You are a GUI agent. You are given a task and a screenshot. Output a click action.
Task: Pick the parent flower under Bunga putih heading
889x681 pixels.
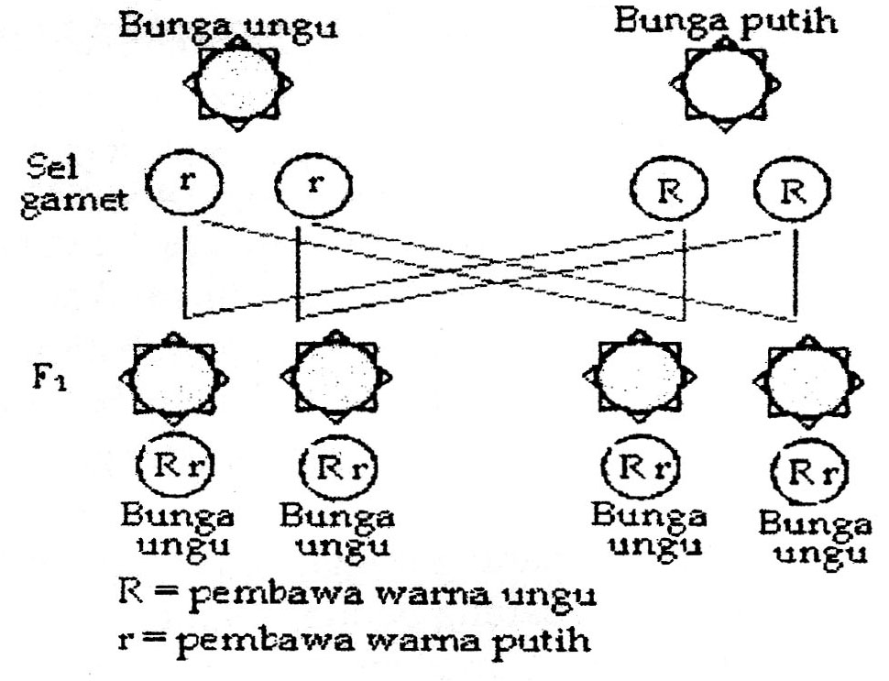click(726, 85)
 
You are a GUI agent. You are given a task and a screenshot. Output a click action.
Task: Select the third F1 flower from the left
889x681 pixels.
click(637, 378)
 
